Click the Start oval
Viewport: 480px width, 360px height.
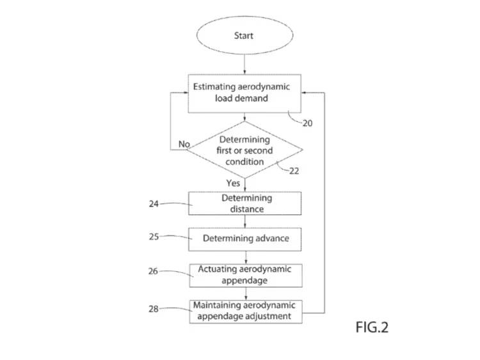(244, 36)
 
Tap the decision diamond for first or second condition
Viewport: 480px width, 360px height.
(246, 151)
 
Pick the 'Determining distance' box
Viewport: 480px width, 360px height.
(244, 203)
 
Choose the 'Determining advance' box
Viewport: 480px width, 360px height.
(244, 239)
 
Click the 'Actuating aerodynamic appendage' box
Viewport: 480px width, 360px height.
(244, 275)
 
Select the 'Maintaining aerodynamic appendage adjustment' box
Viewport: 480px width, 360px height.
(244, 310)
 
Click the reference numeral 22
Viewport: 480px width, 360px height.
(294, 171)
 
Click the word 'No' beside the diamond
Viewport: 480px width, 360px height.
(184, 145)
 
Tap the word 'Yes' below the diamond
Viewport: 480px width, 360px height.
(234, 184)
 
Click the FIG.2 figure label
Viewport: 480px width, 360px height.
(371, 328)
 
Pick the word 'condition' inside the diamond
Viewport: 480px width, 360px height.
(246, 162)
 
